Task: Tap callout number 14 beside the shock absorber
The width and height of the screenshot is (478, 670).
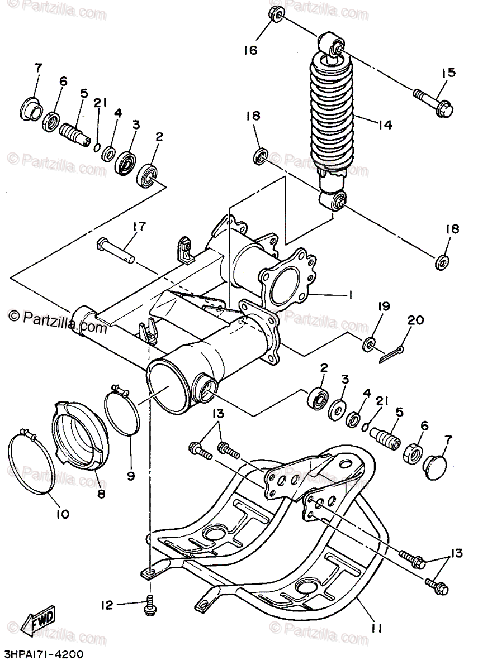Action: pyautogui.click(x=384, y=125)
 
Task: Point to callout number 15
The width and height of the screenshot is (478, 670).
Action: pyautogui.click(x=449, y=73)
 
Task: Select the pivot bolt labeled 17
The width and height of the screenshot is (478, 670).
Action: pyautogui.click(x=119, y=249)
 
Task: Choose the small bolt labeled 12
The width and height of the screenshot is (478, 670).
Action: pyautogui.click(x=150, y=606)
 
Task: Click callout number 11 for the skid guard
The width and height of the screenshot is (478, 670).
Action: pyautogui.click(x=376, y=629)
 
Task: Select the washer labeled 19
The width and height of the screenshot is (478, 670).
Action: pyautogui.click(x=369, y=344)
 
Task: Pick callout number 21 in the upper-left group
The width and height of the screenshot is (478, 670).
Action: pyautogui.click(x=100, y=103)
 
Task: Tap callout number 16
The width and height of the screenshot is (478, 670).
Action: pyautogui.click(x=250, y=50)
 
